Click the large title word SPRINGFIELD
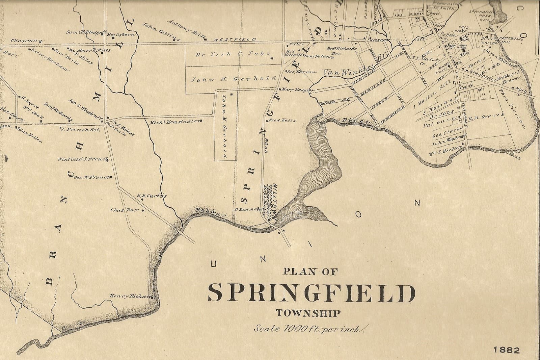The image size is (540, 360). click(x=311, y=293)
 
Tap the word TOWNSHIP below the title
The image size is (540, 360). click(x=308, y=313)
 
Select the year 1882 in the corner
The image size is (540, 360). click(x=507, y=350)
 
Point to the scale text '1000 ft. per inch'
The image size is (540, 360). click(x=308, y=329)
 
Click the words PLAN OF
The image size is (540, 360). click(x=310, y=271)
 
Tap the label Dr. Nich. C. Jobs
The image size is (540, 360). click(x=233, y=54)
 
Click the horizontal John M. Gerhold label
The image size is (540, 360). click(x=234, y=79)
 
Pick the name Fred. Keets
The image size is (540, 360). click(x=281, y=120)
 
